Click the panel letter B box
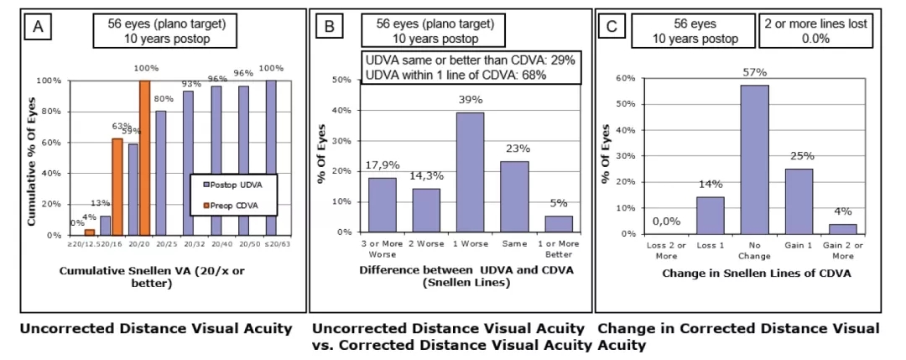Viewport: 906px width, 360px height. pos(330,28)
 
